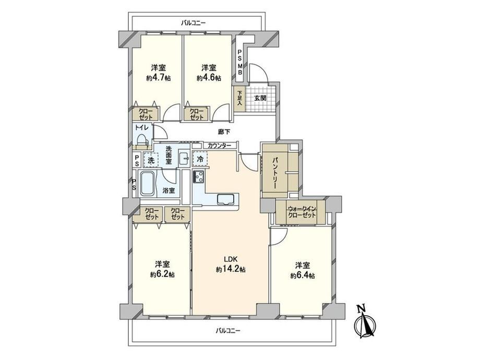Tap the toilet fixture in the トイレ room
142,140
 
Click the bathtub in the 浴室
147,184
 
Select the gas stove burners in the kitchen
199,177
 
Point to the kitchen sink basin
227,199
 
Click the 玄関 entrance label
260,98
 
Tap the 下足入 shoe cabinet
239,98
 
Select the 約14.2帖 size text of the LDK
231,269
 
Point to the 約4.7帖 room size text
158,78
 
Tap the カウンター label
220,146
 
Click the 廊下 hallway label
224,132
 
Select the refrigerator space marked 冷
200,159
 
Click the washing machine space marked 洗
151,160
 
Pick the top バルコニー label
193,23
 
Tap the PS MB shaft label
241,63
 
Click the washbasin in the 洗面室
185,158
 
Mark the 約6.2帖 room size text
162,275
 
